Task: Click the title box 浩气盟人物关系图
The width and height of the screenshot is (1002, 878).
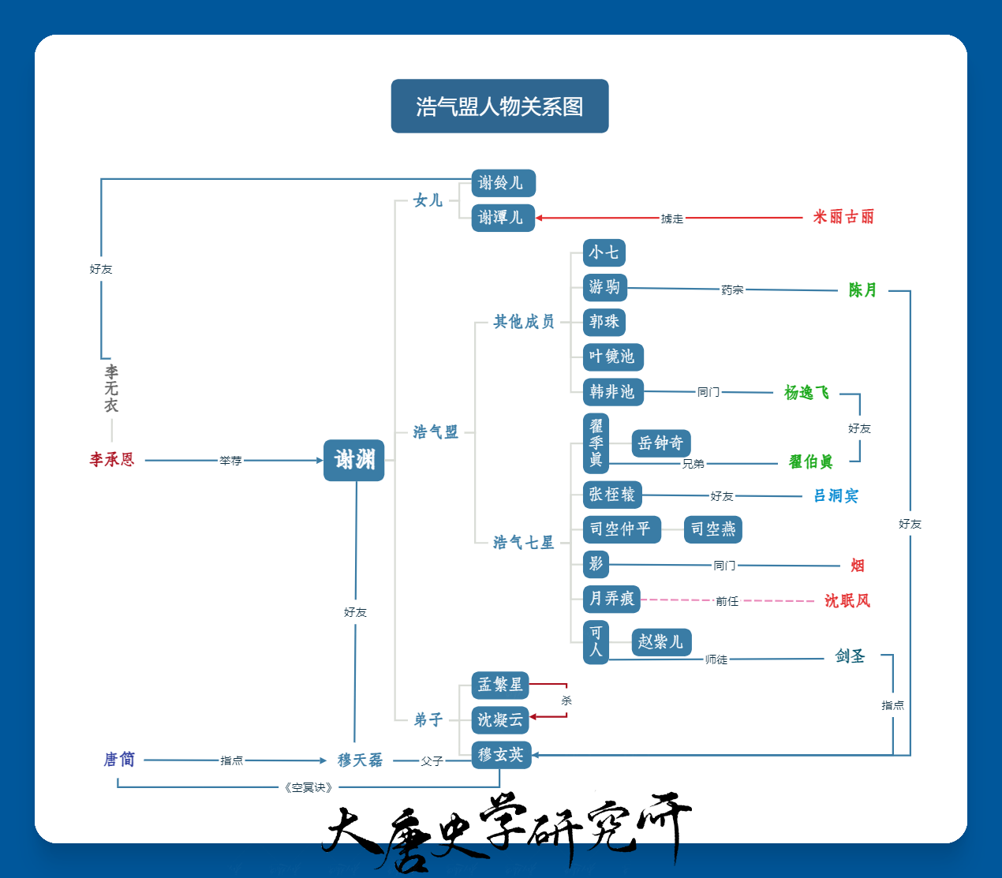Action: pos(499,106)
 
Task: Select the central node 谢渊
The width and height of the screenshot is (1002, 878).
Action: pos(354,460)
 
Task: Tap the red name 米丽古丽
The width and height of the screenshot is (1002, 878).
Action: pos(843,217)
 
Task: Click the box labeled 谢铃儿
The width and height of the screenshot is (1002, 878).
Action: pos(503,183)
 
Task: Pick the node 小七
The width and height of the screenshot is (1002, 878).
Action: pos(604,252)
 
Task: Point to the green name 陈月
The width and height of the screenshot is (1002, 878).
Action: pos(862,290)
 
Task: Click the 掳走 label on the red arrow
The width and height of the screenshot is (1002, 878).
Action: pos(671,219)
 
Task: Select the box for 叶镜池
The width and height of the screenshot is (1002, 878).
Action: pos(613,357)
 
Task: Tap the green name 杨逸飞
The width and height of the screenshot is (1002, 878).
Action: pos(806,393)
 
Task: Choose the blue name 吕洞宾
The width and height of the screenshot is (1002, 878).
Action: pos(836,495)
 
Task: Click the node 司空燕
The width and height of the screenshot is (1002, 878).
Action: pos(712,529)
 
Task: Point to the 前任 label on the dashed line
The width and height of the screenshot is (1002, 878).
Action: pos(727,601)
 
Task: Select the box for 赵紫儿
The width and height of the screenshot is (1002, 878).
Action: pos(661,642)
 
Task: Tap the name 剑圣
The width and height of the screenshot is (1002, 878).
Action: pos(851,656)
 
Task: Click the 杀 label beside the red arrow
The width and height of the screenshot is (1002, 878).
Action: pos(566,701)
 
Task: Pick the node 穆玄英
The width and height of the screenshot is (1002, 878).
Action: pos(502,755)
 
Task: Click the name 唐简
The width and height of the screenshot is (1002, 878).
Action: pos(119,760)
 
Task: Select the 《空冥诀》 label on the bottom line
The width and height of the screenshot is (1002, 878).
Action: pos(308,787)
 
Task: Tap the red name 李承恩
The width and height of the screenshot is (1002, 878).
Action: pos(112,460)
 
